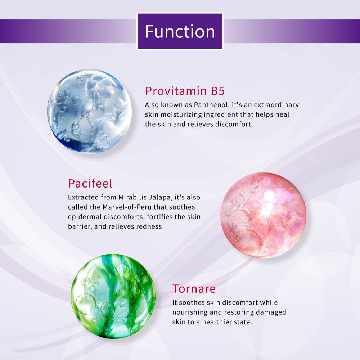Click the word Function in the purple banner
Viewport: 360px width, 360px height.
(x=180, y=31)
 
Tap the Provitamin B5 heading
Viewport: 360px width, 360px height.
(x=185, y=91)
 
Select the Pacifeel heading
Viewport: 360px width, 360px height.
(x=90, y=183)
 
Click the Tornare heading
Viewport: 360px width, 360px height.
(x=194, y=289)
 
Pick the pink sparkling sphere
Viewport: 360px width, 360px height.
(x=263, y=215)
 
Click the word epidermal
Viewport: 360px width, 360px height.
(x=84, y=217)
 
